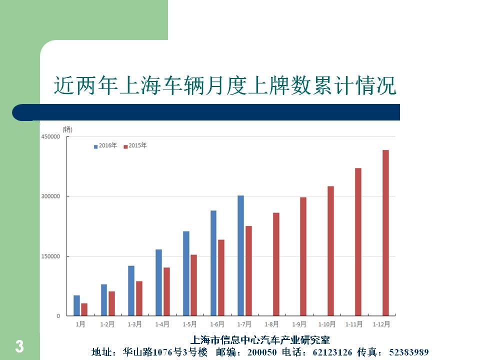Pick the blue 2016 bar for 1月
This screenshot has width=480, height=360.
[76, 305]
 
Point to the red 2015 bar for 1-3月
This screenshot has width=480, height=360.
[139, 298]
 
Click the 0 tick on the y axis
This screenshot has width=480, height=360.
[58, 316]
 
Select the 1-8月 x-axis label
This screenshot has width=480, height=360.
[272, 324]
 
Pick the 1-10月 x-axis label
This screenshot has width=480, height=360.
[327, 324]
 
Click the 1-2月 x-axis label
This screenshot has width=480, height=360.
[107, 324]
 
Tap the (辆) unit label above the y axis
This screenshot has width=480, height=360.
[67, 129]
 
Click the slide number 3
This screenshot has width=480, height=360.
[19, 346]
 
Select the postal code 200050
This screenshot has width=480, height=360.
[261, 352]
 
